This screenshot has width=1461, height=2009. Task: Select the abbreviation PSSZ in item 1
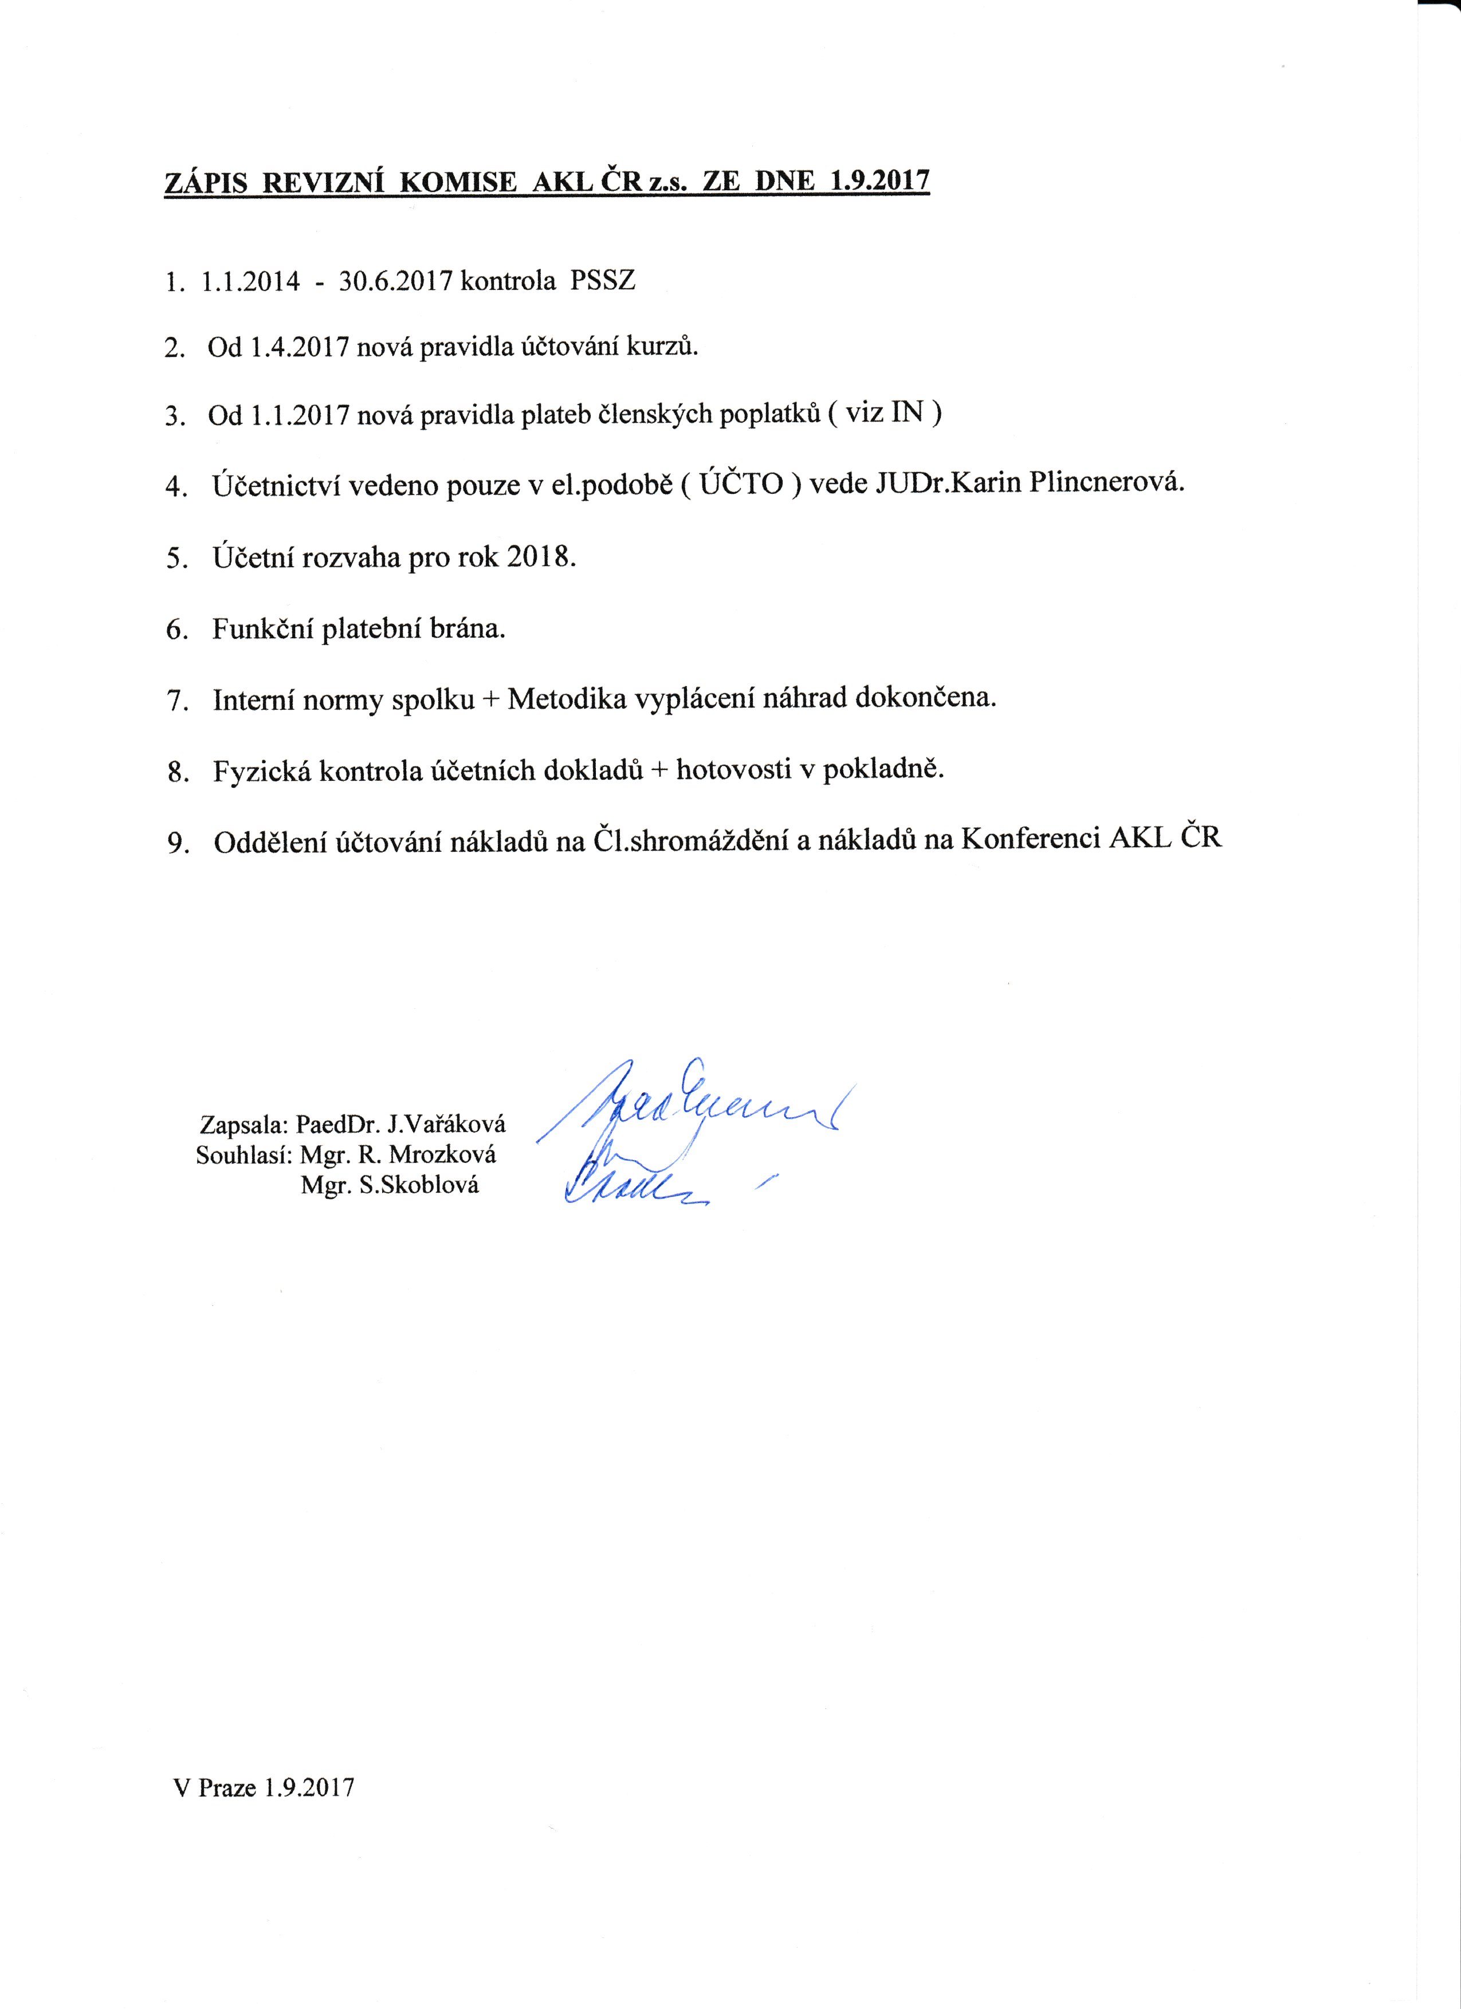point(603,282)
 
